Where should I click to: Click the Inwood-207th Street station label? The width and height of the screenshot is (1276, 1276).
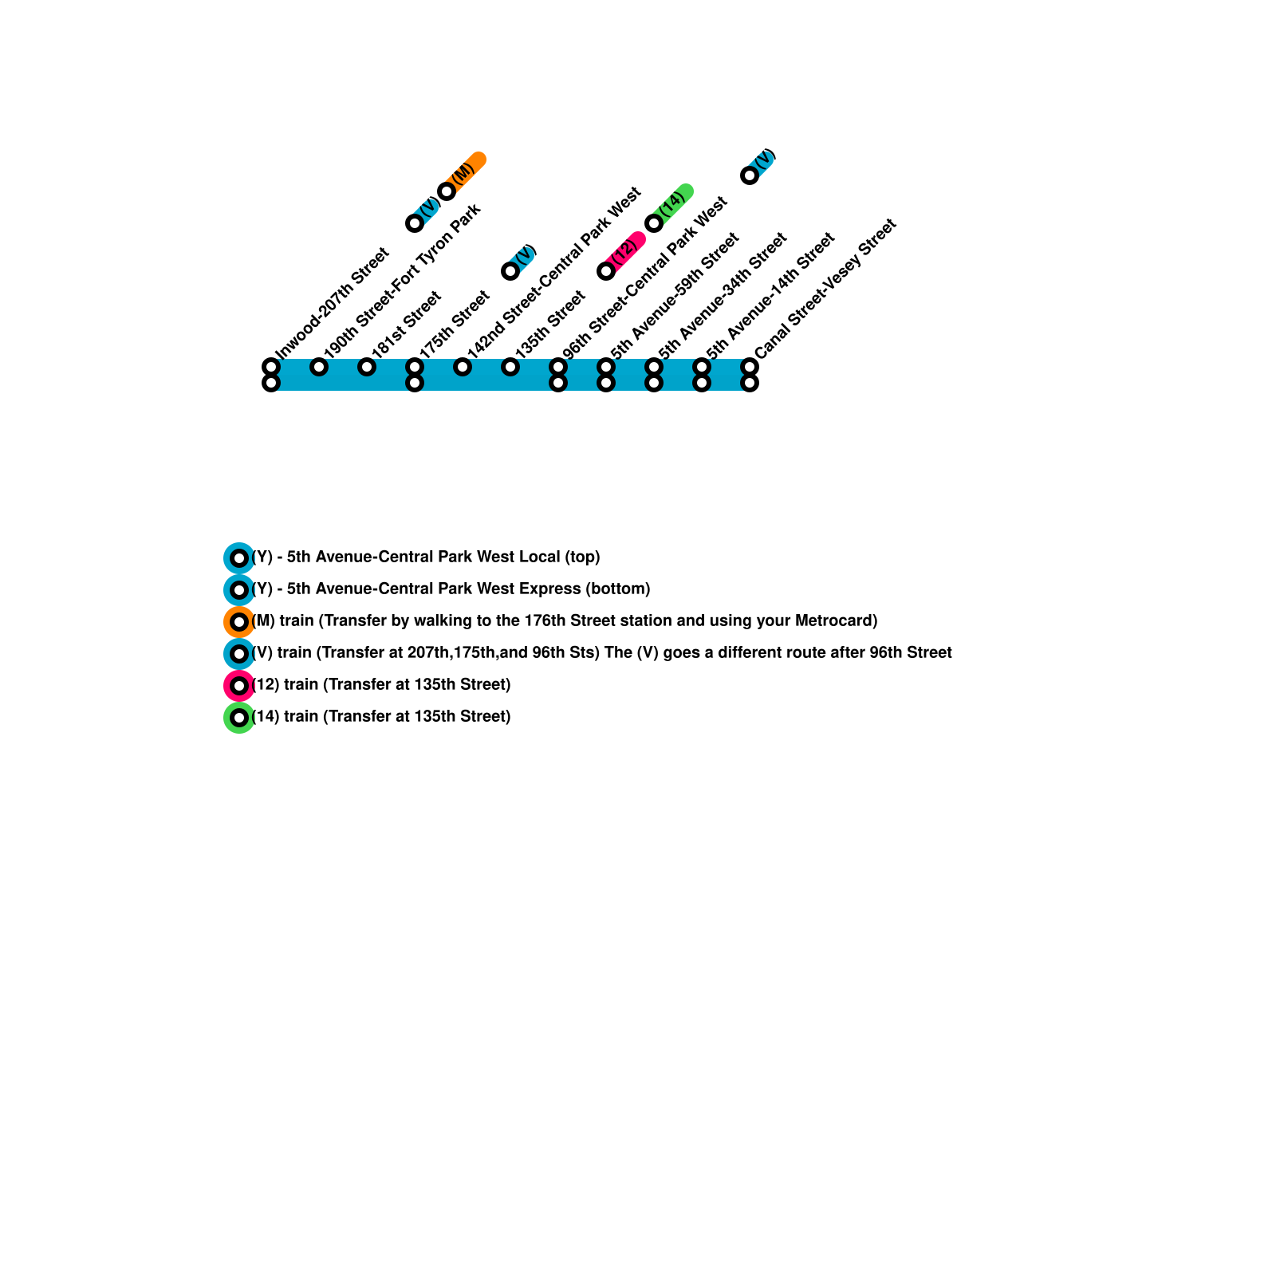point(332,304)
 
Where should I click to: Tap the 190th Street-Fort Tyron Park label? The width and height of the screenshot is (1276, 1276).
point(402,280)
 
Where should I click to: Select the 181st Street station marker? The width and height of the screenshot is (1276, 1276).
point(367,367)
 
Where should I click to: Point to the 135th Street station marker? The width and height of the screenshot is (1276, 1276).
point(510,367)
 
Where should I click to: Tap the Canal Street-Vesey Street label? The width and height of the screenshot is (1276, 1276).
point(825,288)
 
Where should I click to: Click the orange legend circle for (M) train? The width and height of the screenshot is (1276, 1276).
point(238,621)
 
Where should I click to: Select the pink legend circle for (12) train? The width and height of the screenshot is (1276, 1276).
point(238,685)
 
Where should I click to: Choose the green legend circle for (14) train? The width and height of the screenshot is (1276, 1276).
point(238,717)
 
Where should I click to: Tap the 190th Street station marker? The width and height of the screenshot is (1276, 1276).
point(319,367)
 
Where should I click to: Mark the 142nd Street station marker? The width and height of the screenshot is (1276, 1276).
point(463,367)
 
